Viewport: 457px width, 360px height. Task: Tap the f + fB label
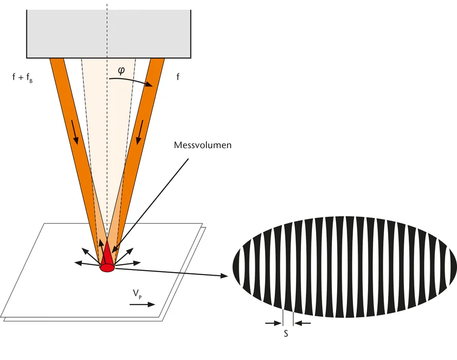tap(22, 79)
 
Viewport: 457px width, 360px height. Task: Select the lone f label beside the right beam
tap(178, 78)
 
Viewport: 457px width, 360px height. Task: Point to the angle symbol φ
tap(121, 70)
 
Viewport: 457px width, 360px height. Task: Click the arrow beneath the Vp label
tap(142, 304)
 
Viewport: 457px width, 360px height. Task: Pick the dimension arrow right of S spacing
tap(303, 323)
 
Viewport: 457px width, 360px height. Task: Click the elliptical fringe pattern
tap(345, 266)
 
